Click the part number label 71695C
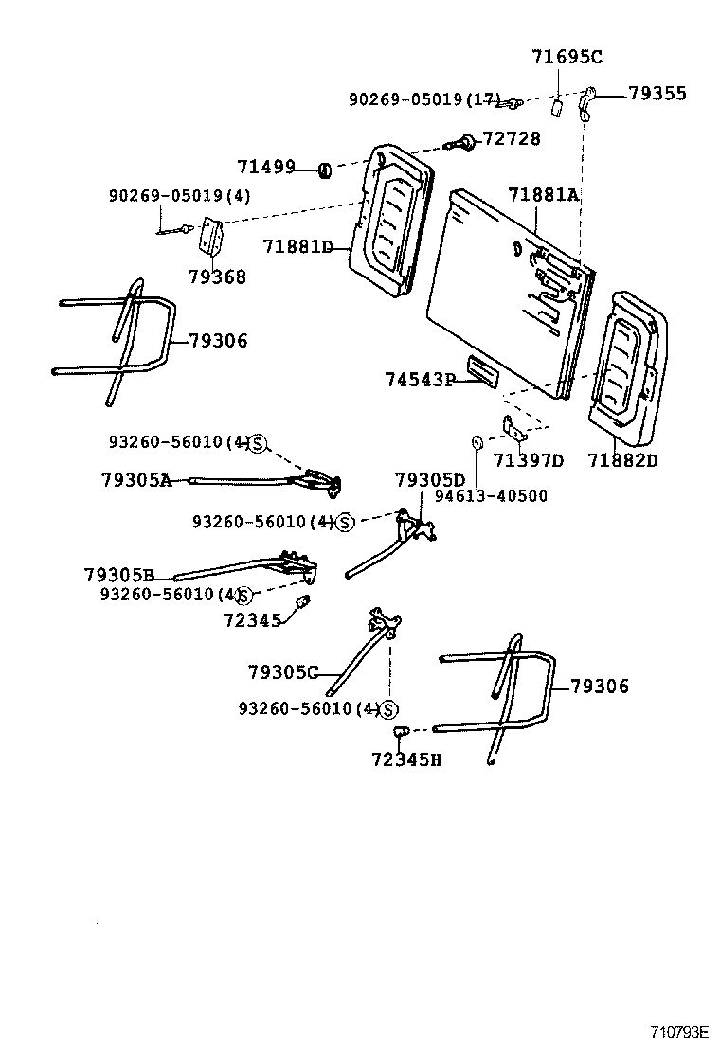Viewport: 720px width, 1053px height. pos(566,57)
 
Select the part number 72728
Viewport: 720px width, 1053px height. pos(512,139)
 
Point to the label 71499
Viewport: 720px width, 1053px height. pos(266,168)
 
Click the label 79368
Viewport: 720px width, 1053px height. pos(216,277)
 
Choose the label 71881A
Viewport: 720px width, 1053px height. pos(543,194)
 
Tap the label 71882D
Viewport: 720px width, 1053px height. pos(622,461)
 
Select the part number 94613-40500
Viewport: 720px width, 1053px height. pos(491,495)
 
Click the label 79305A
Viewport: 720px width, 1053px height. pos(136,480)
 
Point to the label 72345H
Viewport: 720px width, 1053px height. pos(406,759)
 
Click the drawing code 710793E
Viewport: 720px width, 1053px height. pos(679,1031)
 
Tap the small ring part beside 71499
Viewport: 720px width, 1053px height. pos(324,170)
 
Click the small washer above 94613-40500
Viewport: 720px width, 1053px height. pos(477,442)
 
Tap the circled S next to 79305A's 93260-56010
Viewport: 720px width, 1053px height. pos(258,443)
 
